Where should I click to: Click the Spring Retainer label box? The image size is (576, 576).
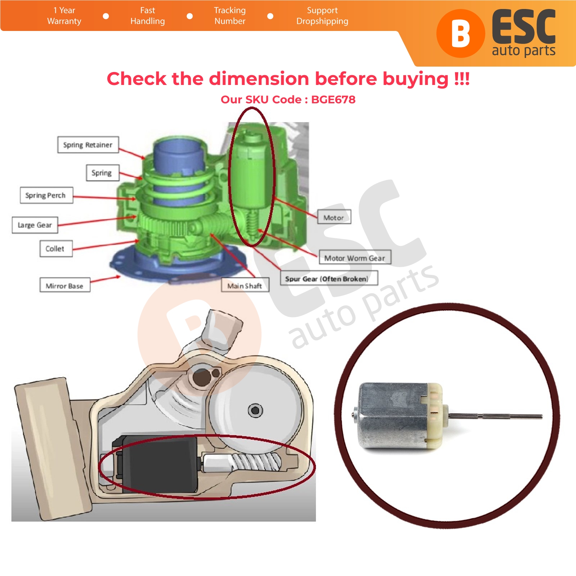tap(88, 145)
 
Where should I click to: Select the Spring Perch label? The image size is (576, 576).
tap(46, 195)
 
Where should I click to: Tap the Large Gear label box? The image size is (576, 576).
tap(35, 225)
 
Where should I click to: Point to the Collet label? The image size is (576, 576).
tap(56, 248)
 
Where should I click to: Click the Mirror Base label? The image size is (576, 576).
tap(65, 285)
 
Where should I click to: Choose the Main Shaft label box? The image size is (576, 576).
tap(245, 285)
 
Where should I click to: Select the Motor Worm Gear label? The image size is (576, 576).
tap(355, 258)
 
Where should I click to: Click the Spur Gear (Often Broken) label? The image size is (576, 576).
tap(329, 278)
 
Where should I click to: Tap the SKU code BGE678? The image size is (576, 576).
tap(333, 99)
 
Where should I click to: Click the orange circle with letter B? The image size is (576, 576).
tap(460, 33)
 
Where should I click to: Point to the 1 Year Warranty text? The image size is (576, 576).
tap(64, 15)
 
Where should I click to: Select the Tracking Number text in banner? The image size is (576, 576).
tap(230, 15)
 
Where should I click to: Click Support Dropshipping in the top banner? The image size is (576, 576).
tap(322, 15)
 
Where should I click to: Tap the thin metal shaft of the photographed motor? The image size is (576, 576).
tap(495, 417)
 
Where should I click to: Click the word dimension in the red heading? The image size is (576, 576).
tap(259, 78)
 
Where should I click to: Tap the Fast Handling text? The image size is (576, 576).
tap(148, 15)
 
